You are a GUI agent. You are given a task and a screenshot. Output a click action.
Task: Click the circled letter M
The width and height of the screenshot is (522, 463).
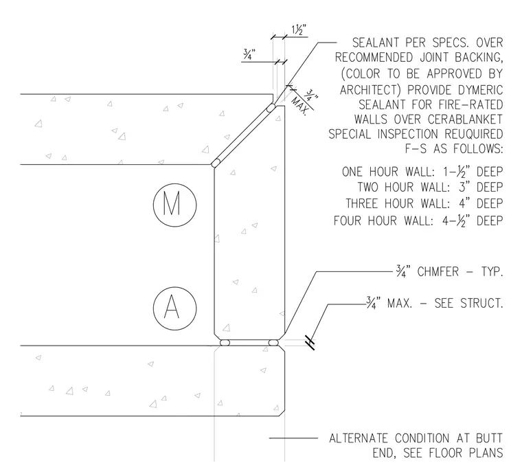[174, 205]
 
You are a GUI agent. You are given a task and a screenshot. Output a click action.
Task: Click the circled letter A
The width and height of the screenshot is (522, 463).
[174, 308]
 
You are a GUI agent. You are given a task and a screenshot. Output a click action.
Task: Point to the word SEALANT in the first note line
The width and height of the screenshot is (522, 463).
[376, 43]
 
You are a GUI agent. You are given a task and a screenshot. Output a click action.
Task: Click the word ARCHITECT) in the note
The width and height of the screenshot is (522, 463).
[370, 90]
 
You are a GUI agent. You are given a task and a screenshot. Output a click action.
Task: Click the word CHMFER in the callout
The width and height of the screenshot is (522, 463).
[438, 271]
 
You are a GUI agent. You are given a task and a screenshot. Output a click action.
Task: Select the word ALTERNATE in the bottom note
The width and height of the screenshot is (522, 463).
[359, 438]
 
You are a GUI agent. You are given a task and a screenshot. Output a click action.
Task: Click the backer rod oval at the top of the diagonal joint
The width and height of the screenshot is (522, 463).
[271, 108]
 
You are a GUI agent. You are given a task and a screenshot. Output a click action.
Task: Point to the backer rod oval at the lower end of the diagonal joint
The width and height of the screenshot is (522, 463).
[216, 163]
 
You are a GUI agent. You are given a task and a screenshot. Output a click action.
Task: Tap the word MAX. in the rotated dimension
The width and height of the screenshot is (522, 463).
[299, 106]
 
